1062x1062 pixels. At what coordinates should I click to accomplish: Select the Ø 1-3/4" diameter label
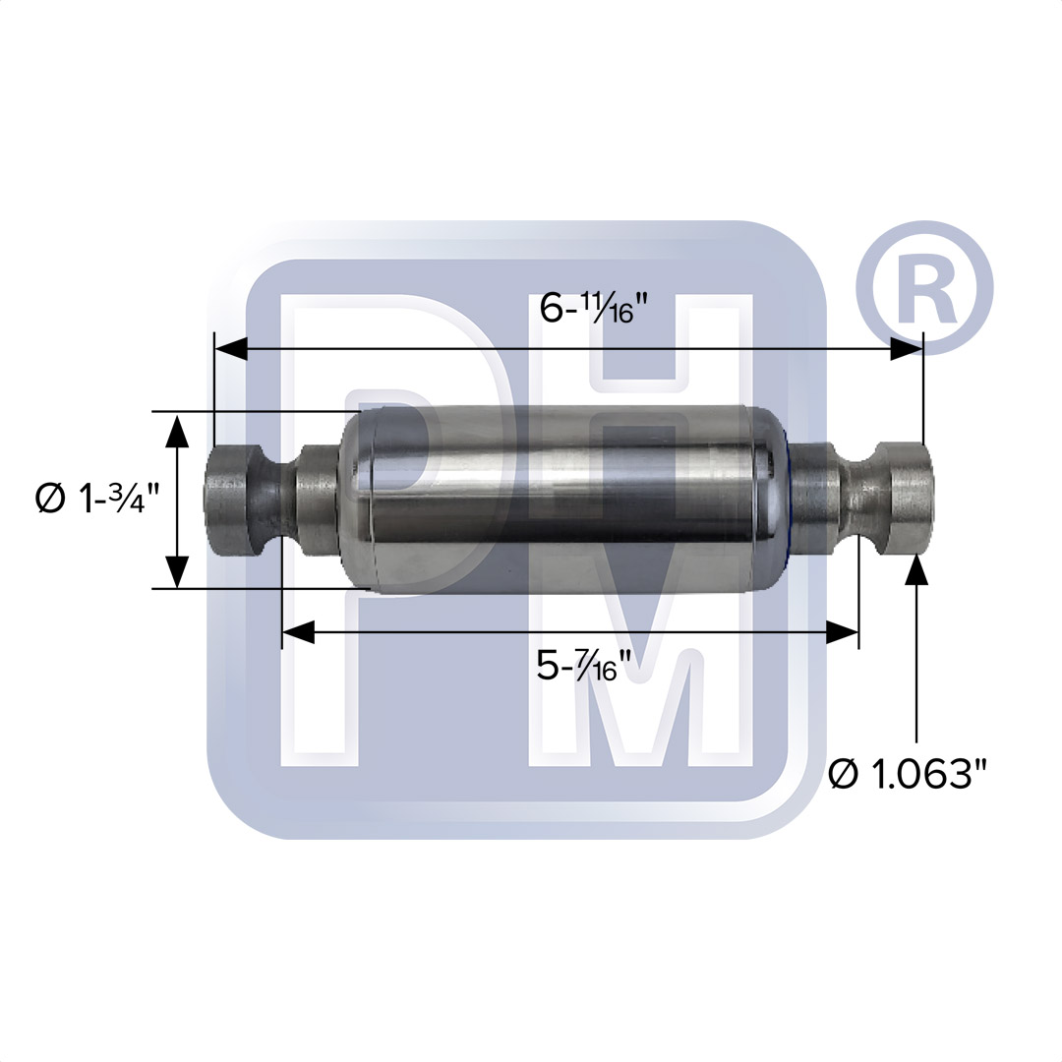tap(96, 500)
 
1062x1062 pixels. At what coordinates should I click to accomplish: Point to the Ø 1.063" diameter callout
tap(907, 774)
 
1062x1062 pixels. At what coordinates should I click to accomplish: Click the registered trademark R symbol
tap(924, 288)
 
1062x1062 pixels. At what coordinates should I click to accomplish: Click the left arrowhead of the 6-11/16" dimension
tap(230, 349)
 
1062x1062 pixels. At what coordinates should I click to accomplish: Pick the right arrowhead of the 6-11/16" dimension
tap(907, 349)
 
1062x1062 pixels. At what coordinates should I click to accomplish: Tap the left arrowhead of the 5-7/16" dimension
tap(298, 632)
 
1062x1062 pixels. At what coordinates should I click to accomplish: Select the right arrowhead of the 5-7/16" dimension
tap(843, 632)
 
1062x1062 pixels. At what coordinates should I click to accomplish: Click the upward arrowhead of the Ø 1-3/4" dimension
tap(177, 431)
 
